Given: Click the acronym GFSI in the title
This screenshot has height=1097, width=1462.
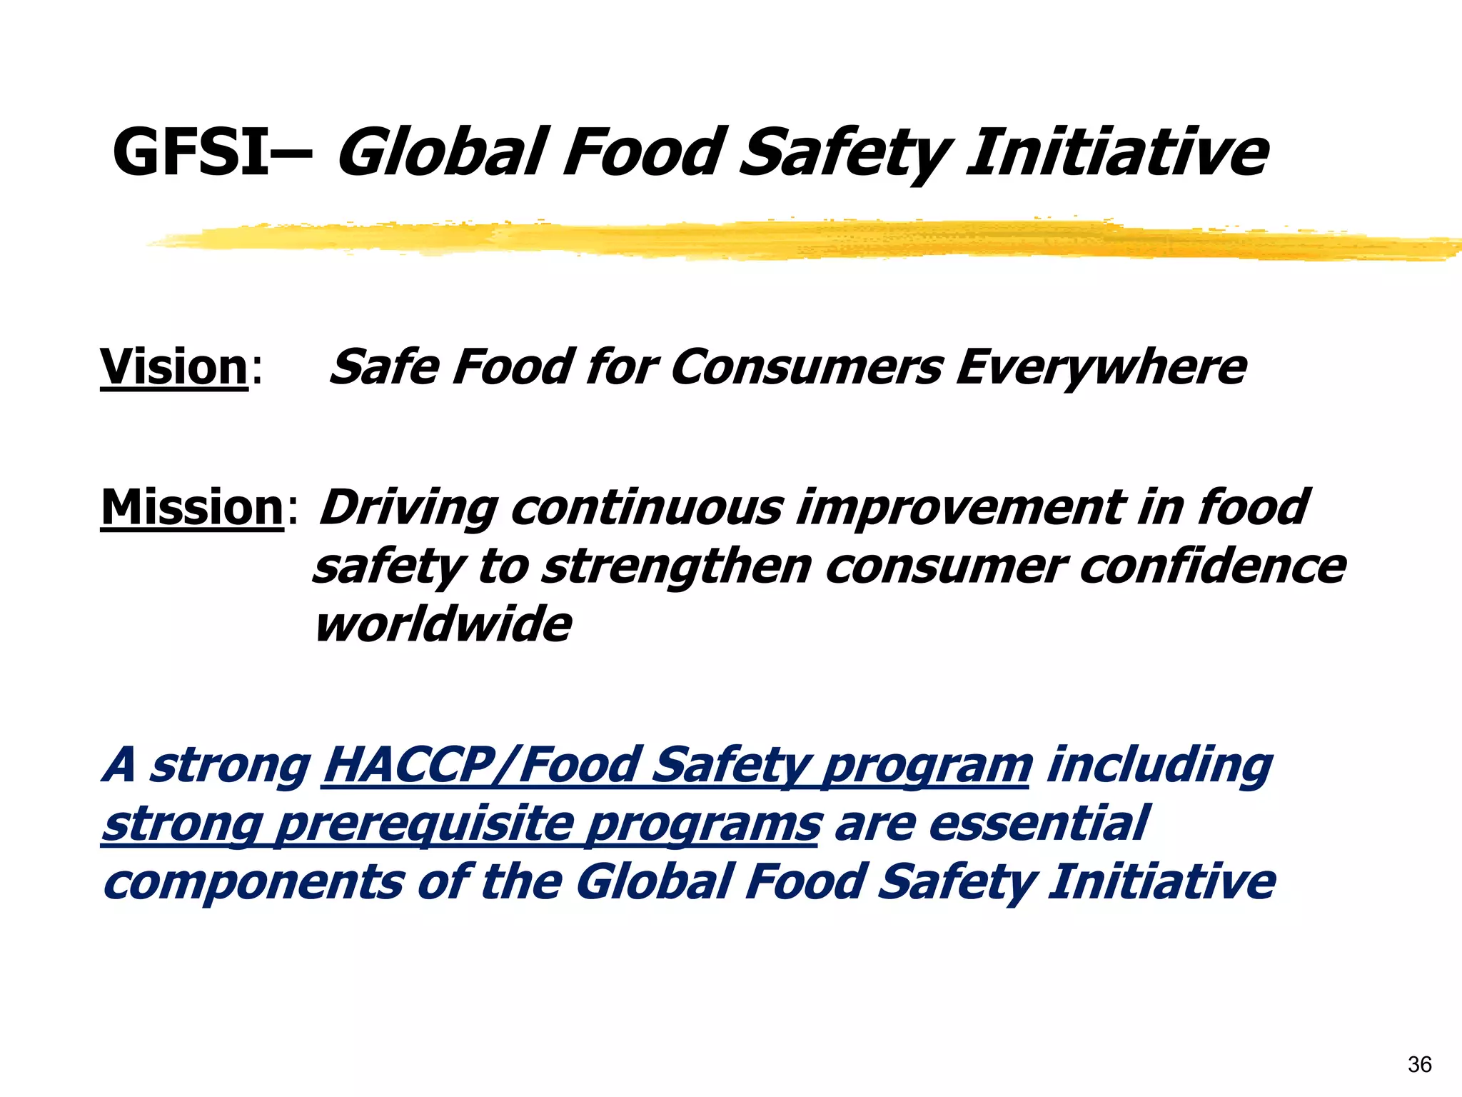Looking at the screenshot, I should coord(191,152).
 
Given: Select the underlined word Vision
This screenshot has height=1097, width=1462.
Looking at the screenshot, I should coord(173,367).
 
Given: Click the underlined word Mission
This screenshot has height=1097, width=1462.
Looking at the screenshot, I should coord(193,508).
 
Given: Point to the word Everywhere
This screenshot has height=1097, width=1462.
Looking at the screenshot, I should coord(1101,367).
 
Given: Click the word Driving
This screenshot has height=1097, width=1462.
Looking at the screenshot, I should coord(408,508).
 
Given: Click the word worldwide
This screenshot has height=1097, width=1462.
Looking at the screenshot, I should coord(443,624).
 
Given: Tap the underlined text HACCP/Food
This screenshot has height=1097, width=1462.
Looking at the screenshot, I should coord(480,765).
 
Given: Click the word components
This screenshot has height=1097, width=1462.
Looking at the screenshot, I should coord(253,882).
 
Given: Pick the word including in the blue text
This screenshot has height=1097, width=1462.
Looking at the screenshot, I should coord(1159,765).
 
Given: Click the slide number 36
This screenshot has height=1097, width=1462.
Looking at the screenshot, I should coord(1419,1065).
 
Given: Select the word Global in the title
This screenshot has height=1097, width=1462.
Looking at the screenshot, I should coord(443,152).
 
